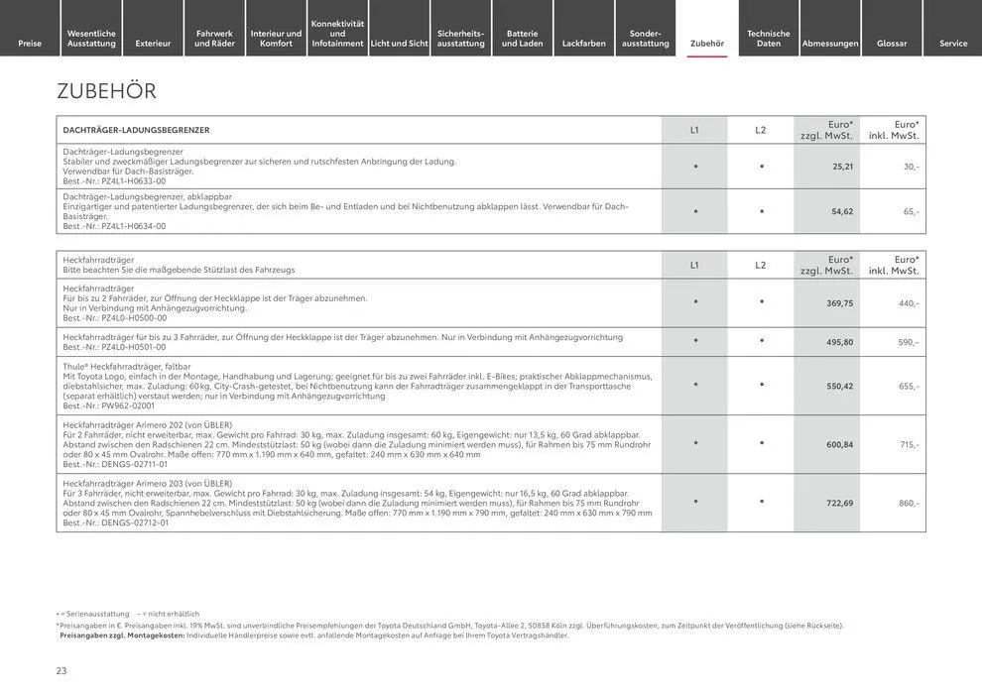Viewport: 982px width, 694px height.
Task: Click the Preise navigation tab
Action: coord(30,44)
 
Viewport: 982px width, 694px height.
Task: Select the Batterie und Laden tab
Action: coord(523,39)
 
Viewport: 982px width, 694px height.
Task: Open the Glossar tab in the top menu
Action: coord(892,44)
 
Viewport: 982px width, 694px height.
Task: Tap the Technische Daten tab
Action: coord(769,39)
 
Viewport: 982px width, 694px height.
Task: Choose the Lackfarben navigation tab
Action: coord(584,44)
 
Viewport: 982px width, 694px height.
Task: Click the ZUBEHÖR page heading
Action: coord(107,91)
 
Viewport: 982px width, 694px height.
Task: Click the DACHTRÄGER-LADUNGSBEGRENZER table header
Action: coord(136,130)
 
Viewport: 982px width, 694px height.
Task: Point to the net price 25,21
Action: coord(842,167)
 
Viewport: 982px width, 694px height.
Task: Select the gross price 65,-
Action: coord(910,211)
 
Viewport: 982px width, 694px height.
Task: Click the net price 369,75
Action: coord(839,303)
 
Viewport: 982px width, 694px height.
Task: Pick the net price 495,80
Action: coord(839,342)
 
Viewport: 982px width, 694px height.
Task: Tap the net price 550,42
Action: coord(839,386)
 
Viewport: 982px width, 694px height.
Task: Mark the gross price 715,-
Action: coord(909,444)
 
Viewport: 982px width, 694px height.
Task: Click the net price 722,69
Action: coord(839,503)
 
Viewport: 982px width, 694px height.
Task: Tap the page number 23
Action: coord(61,671)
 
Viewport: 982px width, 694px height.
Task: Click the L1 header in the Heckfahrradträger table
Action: coord(694,265)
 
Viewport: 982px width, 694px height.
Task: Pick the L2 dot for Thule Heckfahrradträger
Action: coord(761,385)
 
